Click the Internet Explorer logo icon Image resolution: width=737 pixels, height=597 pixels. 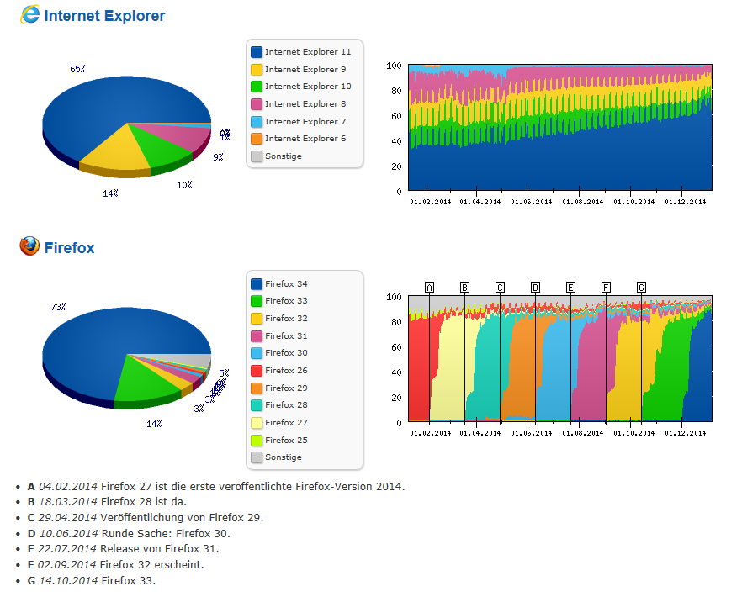click(x=29, y=14)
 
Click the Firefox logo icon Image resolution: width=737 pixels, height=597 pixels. click(x=29, y=246)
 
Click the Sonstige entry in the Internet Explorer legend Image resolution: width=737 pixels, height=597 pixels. click(x=283, y=156)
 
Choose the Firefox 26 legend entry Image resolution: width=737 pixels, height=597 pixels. click(x=285, y=371)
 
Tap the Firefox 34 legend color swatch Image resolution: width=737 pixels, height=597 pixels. click(x=256, y=284)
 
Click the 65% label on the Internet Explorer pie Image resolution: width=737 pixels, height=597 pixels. click(x=77, y=69)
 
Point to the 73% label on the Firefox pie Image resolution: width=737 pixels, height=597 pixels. click(x=58, y=308)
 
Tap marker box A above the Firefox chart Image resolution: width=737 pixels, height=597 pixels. click(x=429, y=288)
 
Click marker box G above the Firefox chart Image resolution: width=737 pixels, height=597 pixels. click(x=641, y=288)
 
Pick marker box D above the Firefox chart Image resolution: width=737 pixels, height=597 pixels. click(x=535, y=288)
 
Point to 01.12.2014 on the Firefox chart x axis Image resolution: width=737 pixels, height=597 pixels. click(x=685, y=433)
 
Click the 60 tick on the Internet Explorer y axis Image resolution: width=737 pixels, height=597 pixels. click(x=396, y=116)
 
